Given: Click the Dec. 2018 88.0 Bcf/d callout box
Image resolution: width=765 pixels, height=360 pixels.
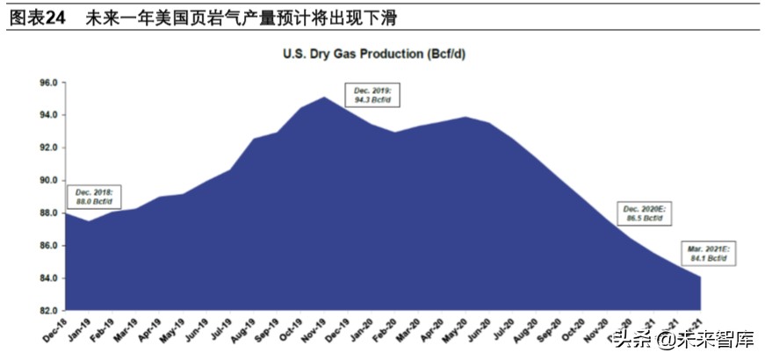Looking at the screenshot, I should tap(94, 197).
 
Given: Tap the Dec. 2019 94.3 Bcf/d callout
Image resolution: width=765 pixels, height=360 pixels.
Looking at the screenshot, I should tap(372, 96).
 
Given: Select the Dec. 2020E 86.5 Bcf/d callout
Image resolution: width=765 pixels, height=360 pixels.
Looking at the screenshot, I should tap(645, 214).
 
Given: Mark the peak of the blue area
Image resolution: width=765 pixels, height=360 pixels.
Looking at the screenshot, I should tap(325, 97).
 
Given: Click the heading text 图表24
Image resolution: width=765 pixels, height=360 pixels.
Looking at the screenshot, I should tap(36, 18).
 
